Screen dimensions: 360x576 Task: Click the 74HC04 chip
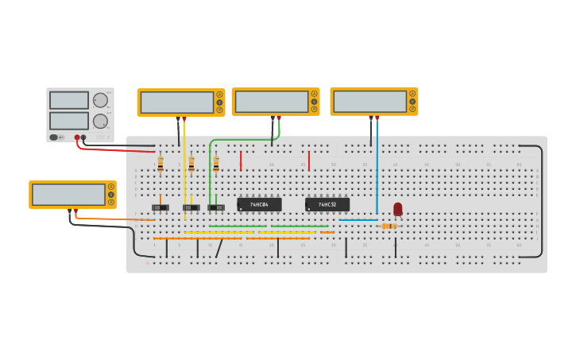pyautogui.click(x=259, y=204)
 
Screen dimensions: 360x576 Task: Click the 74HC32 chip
pyautogui.click(x=327, y=204)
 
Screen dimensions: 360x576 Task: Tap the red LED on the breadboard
pyautogui.click(x=398, y=209)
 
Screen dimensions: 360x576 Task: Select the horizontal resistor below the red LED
pyautogui.click(x=389, y=226)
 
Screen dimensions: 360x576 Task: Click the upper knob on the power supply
pyautogui.click(x=99, y=100)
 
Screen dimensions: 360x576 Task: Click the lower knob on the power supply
pyautogui.click(x=99, y=121)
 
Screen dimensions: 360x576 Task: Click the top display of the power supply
pyautogui.click(x=69, y=100)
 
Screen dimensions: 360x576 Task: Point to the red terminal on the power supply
pyautogui.click(x=77, y=137)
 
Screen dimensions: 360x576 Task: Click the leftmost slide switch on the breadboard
pyautogui.click(x=160, y=207)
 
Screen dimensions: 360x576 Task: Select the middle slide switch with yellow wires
pyautogui.click(x=191, y=207)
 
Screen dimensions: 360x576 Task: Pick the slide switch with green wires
pyautogui.click(x=216, y=207)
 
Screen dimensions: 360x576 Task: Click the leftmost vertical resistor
pyautogui.click(x=160, y=165)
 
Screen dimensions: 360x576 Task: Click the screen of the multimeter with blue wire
pyautogui.click(x=369, y=102)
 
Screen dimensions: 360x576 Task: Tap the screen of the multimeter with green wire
pyautogui.click(x=272, y=102)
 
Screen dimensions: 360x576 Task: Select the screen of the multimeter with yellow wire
pyautogui.click(x=176, y=103)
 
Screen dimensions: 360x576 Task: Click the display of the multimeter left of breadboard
pyautogui.click(x=68, y=195)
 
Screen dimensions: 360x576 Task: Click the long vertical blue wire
pyautogui.click(x=377, y=167)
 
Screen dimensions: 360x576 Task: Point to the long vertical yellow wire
pyautogui.click(x=185, y=171)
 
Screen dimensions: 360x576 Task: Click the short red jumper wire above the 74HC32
pyautogui.click(x=309, y=161)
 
